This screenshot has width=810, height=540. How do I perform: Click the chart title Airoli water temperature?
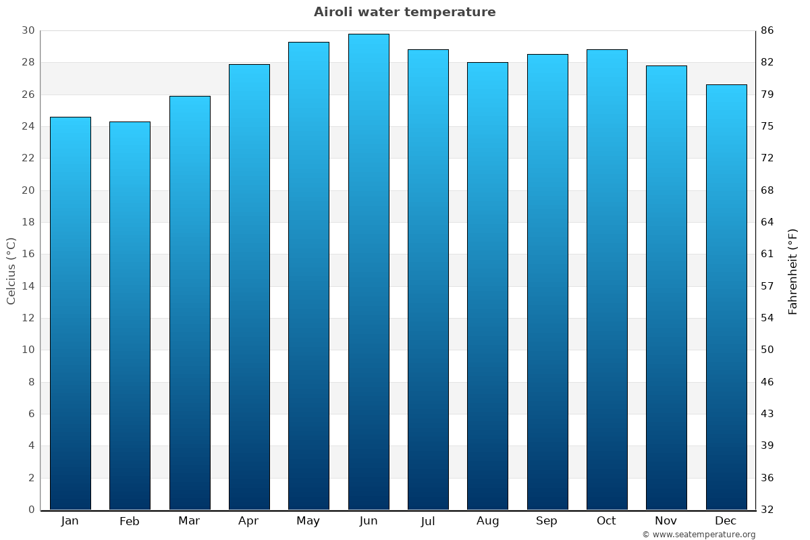pos(404,12)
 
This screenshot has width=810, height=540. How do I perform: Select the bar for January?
pos(70,314)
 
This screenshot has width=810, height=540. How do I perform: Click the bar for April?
pos(249,287)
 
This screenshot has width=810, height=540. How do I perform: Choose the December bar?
pos(726,297)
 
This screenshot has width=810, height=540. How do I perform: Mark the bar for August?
pos(487,286)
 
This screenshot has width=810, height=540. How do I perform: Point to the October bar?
pos(607,279)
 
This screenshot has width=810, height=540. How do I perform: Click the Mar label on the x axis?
pos(189,521)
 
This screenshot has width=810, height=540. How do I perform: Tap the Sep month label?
pos(547,521)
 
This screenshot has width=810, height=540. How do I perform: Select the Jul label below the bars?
pos(428,521)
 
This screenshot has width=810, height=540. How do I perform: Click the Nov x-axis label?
pos(666,521)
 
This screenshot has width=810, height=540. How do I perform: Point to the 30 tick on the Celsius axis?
pos(28,31)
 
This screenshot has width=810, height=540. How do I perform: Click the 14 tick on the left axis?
pos(28,286)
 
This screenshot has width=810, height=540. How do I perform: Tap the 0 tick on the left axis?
pos(31,510)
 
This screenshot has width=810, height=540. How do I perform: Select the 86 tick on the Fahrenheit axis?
pos(767,31)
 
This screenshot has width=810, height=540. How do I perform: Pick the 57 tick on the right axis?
pos(767,286)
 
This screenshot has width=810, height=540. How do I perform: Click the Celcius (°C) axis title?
pos(11,271)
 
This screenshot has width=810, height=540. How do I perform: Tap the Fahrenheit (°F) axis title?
pos(793,271)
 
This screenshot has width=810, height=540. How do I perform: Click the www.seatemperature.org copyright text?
pos(699,535)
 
